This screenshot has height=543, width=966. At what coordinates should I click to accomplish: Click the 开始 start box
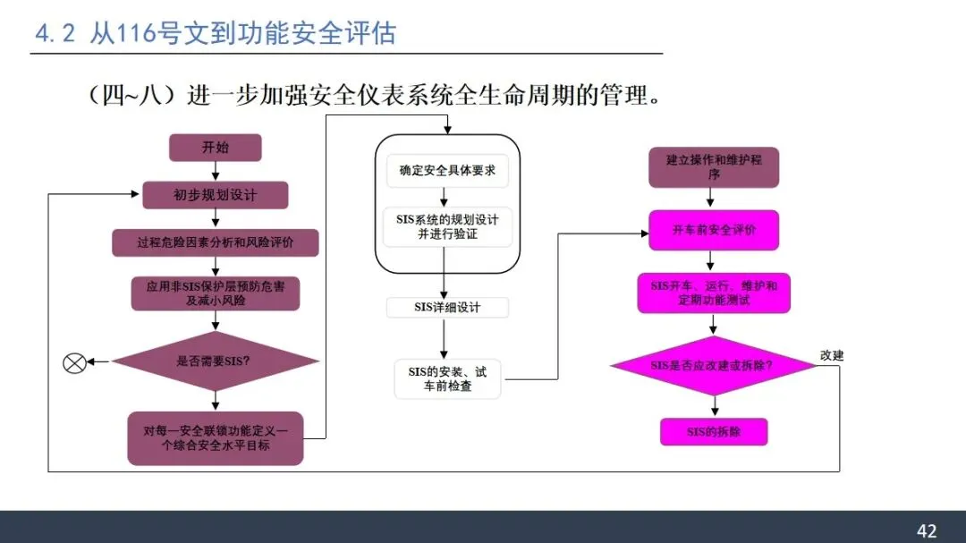pos(215,148)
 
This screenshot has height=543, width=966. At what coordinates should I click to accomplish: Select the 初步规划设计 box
pos(215,195)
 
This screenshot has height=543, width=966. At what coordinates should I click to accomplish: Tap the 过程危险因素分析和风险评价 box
pos(215,242)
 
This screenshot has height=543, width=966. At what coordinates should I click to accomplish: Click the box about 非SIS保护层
pos(215,293)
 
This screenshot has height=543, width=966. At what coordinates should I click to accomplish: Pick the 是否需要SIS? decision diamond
pos(215,361)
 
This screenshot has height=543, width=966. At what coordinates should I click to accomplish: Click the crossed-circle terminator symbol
pos(74,362)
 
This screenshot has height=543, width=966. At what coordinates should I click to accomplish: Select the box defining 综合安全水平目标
pos(215,437)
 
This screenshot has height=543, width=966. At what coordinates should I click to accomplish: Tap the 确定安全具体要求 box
pos(447,171)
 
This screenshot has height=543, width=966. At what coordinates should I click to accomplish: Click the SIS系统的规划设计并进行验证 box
pos(447,226)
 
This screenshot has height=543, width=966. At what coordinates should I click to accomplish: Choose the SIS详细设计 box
pos(447,308)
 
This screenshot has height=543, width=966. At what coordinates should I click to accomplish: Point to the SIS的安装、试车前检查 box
pos(447,378)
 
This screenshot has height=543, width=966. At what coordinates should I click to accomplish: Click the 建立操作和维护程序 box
pos(714,168)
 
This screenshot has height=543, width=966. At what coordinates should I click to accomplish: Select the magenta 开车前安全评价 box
pos(714,230)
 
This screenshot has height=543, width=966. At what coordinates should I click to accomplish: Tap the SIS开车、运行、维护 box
pos(714,293)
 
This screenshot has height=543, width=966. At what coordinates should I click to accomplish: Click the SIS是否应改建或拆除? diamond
pos(713,366)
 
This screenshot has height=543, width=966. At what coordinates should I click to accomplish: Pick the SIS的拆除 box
pos(714,432)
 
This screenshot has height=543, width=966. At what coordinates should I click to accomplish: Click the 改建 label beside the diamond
pos(832,355)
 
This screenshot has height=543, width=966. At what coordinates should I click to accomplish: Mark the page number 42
pos(927,530)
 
